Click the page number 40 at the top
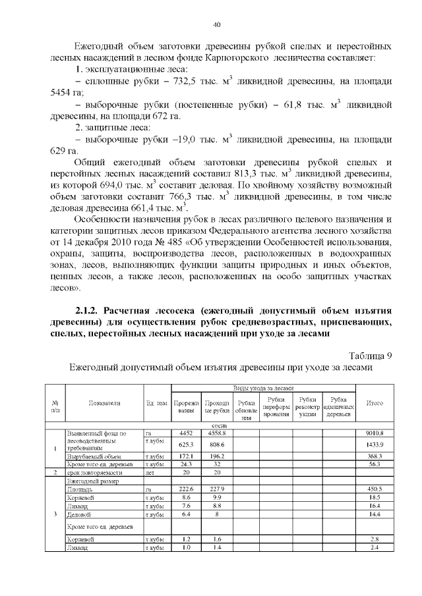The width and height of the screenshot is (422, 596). [x=217, y=24]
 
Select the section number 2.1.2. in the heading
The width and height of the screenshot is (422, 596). [x=89, y=310]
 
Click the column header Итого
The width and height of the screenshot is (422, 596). [x=374, y=402]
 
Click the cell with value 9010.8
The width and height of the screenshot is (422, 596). [x=374, y=433]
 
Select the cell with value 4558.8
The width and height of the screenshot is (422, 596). [x=217, y=433]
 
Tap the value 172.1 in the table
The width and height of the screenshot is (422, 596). [x=185, y=456]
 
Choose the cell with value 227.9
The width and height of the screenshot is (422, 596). [x=217, y=490]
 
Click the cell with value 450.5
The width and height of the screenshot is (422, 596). [x=374, y=490]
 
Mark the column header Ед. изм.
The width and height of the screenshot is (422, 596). [x=156, y=402]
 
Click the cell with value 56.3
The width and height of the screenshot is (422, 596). [x=374, y=464]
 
